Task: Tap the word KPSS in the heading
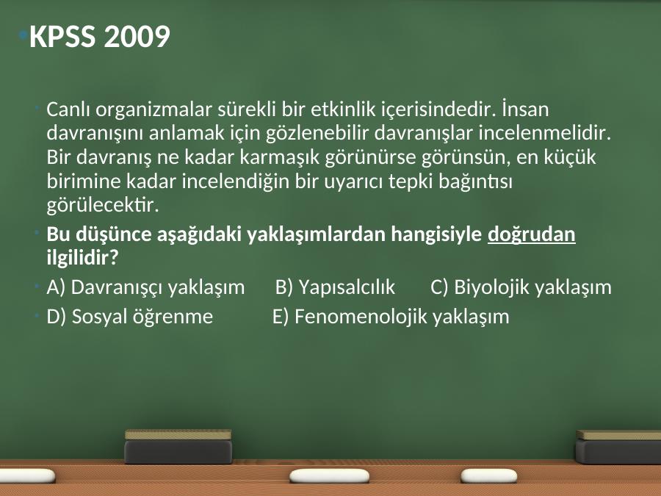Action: point(62,36)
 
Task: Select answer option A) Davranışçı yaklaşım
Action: point(145,287)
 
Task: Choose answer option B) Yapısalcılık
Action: point(335,287)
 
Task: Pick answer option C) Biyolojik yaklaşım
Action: point(521,287)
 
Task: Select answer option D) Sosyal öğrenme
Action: point(130,317)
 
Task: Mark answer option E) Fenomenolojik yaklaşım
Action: point(391,317)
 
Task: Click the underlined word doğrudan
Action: point(532,234)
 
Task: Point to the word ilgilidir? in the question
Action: point(82,258)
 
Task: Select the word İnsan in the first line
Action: point(525,109)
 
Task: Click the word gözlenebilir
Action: point(317,134)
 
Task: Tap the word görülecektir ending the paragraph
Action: point(103,206)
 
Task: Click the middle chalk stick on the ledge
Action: point(329,475)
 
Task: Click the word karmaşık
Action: point(280,158)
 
